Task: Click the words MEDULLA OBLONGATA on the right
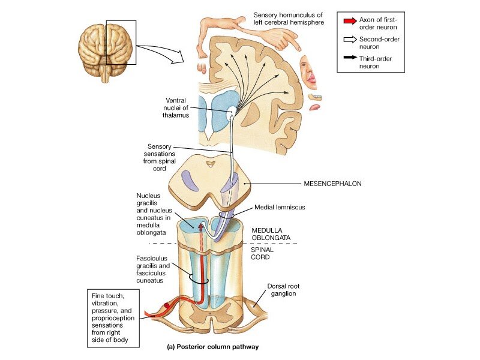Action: (x=271, y=233)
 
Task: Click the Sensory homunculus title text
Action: (x=288, y=18)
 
